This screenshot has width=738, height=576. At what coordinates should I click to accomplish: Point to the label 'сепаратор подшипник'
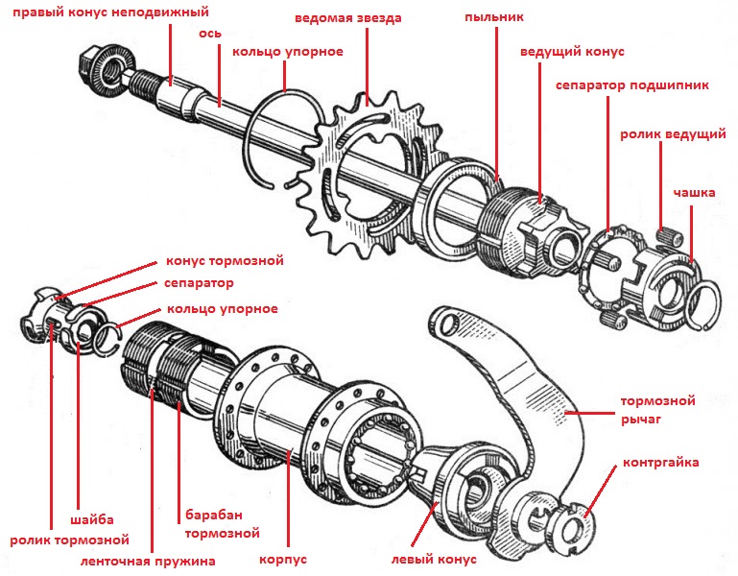coord(633,85)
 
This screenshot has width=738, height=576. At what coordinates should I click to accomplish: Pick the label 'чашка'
coord(693,193)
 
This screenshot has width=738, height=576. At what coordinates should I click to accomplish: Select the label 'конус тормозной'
coord(225,260)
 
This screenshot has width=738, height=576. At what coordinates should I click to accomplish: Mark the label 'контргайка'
coord(662,463)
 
